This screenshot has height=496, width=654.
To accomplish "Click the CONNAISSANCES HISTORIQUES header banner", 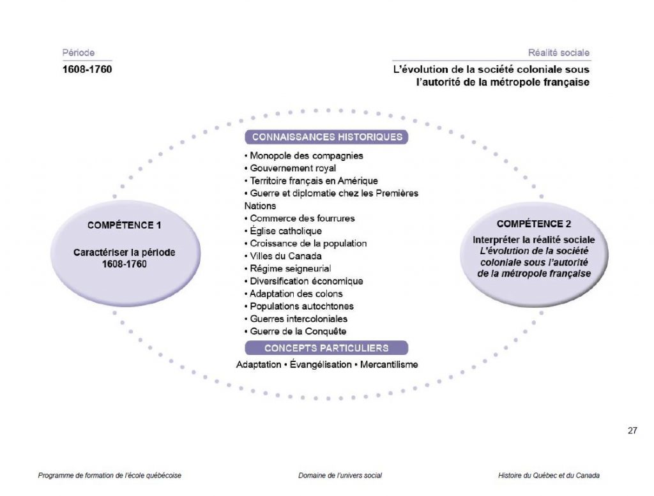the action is pos(326,137).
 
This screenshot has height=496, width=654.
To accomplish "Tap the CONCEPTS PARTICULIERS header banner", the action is pos(326,348).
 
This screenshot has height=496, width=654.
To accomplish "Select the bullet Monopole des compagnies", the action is pos(303,156).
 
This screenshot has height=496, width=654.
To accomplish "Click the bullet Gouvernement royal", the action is pos(290,169).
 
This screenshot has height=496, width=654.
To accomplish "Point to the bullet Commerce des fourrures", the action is pos(300,218).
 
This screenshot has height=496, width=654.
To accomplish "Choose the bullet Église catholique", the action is pos(283,231).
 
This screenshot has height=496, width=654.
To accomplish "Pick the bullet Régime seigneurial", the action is pos(288,269).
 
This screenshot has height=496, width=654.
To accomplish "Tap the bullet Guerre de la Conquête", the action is pos(295,331).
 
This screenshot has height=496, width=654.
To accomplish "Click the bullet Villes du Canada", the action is pos(283,256).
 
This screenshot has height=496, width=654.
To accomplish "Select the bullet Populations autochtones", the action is pos(299,306).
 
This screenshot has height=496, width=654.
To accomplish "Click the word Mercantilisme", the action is pos(389,364).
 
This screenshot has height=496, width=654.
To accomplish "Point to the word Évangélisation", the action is pos(321,364).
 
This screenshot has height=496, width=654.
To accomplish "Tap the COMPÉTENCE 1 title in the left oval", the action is pos(125,225).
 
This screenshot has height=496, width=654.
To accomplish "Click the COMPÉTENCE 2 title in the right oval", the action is pos(534,224).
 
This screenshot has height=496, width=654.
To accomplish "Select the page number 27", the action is pos(632,430).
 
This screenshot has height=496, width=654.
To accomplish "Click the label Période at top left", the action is pos(79,53).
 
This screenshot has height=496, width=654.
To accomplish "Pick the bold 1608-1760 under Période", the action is pos(87,69).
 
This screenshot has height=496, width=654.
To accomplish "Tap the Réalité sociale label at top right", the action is pos(559,53).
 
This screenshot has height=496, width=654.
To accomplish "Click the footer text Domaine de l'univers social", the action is pos(340,475).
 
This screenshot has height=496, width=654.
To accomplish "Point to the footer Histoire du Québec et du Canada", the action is pos(549,475).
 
